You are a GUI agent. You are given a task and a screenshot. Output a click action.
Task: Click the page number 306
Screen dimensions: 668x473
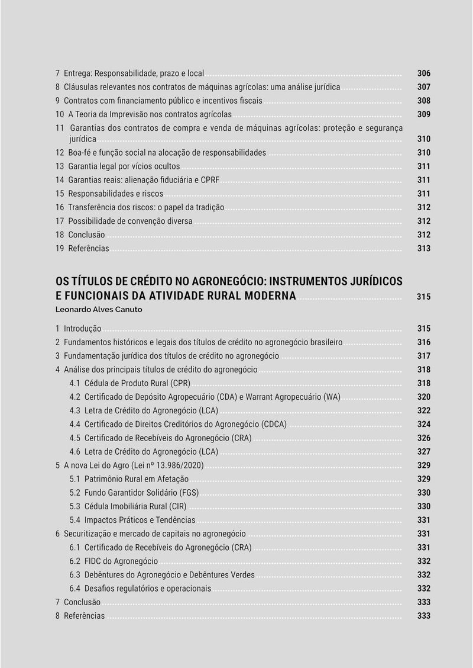[x=423, y=73]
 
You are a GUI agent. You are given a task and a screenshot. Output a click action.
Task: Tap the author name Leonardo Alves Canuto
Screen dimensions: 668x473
[x=99, y=309]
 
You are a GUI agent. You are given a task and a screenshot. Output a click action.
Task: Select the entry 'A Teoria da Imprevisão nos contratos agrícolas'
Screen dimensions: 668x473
[x=150, y=114]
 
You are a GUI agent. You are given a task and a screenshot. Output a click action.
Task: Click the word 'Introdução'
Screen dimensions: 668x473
[x=82, y=329]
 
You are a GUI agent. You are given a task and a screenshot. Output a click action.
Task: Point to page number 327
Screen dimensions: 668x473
[x=423, y=452]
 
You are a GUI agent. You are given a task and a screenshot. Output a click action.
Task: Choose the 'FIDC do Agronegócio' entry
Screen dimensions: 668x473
[x=121, y=561]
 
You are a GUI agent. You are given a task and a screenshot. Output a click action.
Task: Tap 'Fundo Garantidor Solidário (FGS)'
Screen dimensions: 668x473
[x=141, y=493]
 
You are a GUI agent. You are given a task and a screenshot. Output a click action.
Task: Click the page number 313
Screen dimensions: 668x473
[x=423, y=249]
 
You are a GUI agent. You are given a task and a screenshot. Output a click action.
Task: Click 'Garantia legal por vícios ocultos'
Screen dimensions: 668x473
[x=124, y=166]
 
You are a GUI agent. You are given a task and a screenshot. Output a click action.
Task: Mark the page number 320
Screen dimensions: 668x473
[x=423, y=397]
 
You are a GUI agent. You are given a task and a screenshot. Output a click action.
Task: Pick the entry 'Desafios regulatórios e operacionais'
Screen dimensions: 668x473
[x=147, y=589]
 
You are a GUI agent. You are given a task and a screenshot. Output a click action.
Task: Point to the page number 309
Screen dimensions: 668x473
[x=423, y=114]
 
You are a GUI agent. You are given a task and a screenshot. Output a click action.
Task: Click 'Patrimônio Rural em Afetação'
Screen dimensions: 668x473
[x=137, y=479]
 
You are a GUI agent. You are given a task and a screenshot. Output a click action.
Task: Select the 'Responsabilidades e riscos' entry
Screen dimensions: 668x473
[x=115, y=194]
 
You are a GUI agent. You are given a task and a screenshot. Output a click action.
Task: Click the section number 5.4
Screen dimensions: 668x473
[x=74, y=520]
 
